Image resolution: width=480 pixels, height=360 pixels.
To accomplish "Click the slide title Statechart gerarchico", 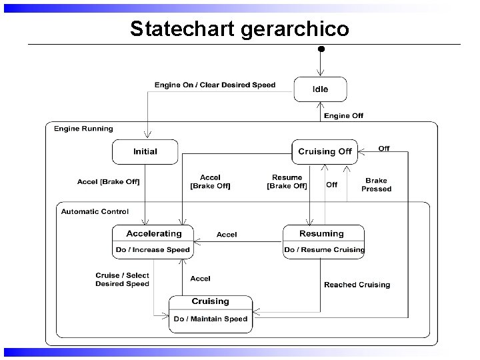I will click(x=239, y=29).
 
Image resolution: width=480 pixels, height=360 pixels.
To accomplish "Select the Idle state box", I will click(x=321, y=89).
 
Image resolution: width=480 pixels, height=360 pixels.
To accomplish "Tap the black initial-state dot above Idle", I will click(x=321, y=49).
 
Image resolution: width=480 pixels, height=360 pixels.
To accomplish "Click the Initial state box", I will click(x=145, y=151).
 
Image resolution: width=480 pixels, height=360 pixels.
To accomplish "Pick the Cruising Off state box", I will click(x=325, y=151).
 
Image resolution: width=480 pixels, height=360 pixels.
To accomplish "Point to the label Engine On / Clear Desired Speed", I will click(x=215, y=85).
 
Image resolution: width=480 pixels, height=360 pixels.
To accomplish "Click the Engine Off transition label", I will click(x=343, y=115).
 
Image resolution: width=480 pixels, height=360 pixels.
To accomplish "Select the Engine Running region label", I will click(x=83, y=129).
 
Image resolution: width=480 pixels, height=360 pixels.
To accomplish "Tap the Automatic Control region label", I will click(x=95, y=211).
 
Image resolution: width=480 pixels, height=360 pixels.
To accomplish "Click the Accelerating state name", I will click(x=154, y=233).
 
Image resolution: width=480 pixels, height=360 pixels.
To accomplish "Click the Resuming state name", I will click(x=321, y=233).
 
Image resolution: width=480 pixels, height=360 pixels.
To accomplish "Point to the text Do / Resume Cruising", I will click(x=324, y=250).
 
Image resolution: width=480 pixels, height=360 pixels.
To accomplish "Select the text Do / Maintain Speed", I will click(x=210, y=319).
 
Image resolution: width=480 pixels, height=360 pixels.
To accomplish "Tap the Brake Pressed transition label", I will click(x=376, y=185).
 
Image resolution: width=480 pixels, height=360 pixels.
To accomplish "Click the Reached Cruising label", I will click(x=357, y=285).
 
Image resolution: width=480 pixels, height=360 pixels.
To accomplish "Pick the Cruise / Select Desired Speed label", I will click(x=122, y=279).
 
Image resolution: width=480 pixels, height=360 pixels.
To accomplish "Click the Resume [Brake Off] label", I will click(x=287, y=181).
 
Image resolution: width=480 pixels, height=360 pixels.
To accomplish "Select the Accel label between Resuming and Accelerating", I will click(x=227, y=235).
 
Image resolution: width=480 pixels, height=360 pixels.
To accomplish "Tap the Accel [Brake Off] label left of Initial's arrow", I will click(x=109, y=181).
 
